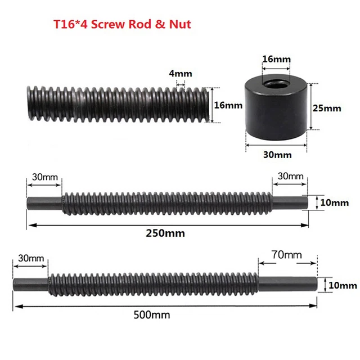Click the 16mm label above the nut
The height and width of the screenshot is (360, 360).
coord(276,58)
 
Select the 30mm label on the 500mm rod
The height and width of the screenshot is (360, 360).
coord(31,258)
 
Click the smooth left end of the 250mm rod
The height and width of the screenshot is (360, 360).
coord(44,201)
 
